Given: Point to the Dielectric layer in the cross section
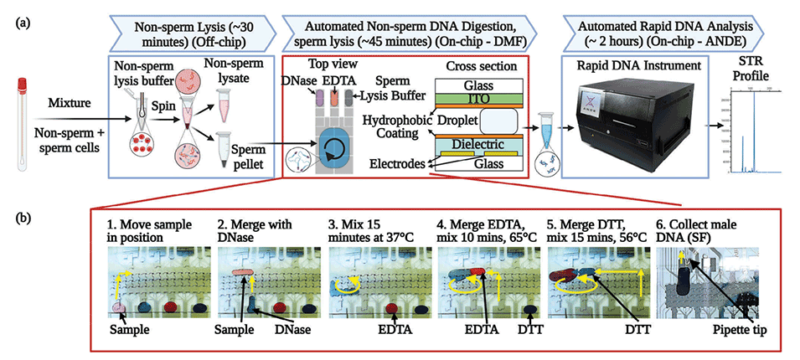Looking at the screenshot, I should (480, 144).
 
